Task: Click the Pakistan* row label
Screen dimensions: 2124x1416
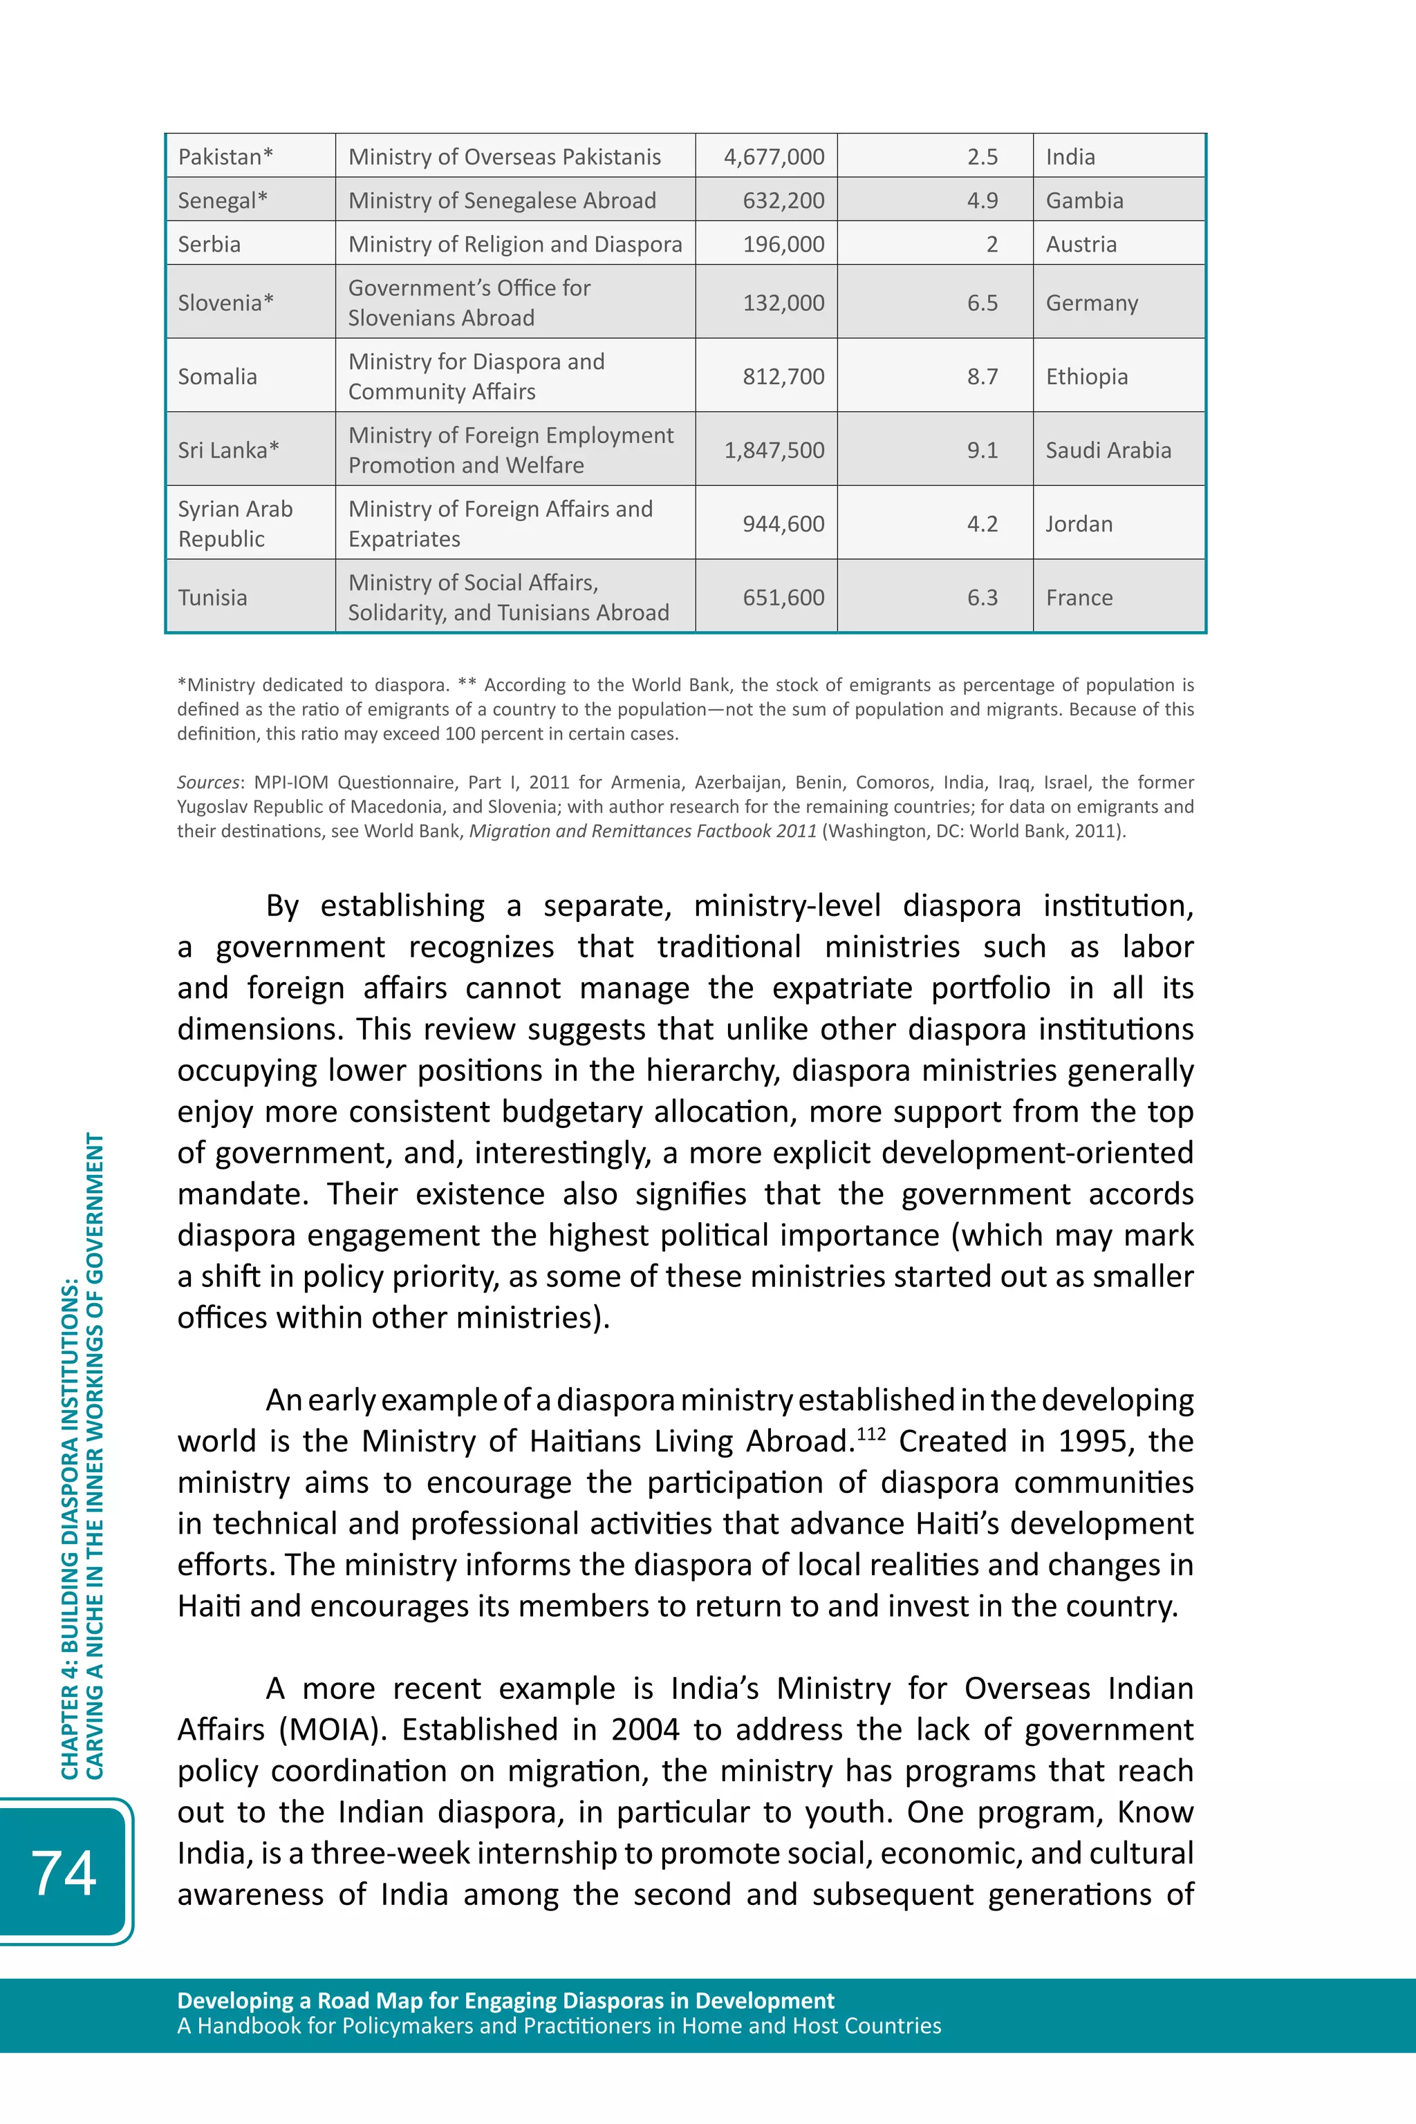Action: tap(225, 157)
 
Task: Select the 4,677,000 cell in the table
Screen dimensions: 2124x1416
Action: tap(773, 157)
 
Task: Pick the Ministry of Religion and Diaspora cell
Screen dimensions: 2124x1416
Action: tap(514, 245)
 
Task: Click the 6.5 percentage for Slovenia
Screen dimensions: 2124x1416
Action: tap(982, 303)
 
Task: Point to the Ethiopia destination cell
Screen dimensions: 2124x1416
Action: tap(1086, 377)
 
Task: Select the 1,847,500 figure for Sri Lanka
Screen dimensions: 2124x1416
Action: tap(773, 451)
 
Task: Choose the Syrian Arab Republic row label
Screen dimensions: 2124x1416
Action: tap(235, 523)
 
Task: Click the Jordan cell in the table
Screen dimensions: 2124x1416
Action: tap(1079, 525)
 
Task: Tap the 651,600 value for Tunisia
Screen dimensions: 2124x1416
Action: tap(783, 598)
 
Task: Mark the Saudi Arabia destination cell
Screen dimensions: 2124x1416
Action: tap(1108, 451)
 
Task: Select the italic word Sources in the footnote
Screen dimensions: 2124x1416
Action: tap(207, 782)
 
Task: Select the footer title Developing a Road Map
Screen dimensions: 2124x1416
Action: tap(505, 2000)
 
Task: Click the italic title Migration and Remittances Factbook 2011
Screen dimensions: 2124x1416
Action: tap(642, 831)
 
